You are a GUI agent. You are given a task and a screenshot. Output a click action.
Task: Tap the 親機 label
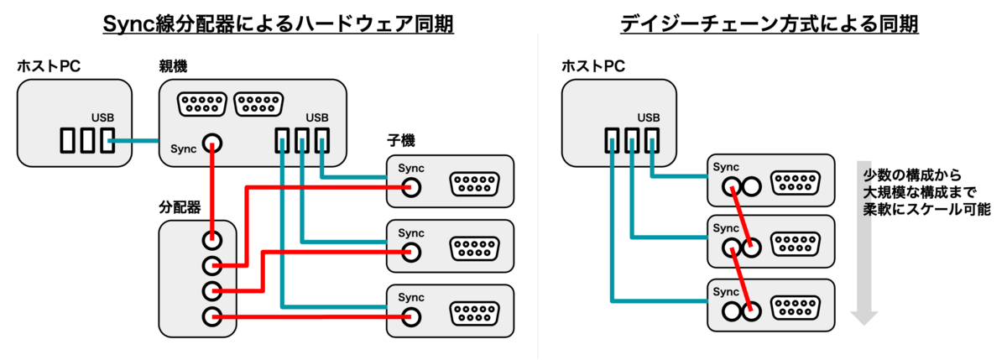pos(174,66)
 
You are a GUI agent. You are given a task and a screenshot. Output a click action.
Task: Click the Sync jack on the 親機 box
pos(214,146)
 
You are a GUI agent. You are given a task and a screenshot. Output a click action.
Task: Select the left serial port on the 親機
pos(201,104)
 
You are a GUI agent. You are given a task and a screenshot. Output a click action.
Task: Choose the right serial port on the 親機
pos(258,104)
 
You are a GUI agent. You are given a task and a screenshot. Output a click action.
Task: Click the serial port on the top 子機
pos(475,184)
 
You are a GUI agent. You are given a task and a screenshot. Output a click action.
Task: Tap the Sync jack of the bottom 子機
pos(410,316)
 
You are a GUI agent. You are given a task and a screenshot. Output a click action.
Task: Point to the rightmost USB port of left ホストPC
pos(107,142)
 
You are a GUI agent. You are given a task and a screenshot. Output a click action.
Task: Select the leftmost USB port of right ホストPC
pos(612,142)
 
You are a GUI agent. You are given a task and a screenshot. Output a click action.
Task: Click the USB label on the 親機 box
pos(317,117)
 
